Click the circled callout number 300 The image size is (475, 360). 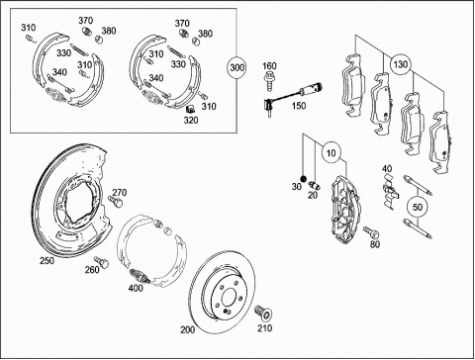(237, 67)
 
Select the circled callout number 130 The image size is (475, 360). (400, 64)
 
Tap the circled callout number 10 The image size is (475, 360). (332, 152)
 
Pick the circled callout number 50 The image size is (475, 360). (418, 207)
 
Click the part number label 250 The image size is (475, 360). (47, 260)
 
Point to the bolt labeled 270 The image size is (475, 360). (115, 201)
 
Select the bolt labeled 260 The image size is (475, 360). (102, 262)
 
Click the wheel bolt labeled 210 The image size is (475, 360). (263, 313)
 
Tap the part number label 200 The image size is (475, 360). (188, 329)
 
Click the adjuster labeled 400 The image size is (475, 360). (141, 276)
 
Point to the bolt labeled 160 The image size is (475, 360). (270, 80)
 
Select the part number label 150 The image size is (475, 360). (299, 106)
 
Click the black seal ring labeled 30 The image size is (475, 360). (304, 179)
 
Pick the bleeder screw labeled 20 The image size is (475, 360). (315, 185)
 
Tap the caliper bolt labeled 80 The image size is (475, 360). (371, 232)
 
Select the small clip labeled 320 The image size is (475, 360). (190, 109)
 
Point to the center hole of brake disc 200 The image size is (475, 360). (229, 298)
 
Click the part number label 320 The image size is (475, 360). (191, 120)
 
